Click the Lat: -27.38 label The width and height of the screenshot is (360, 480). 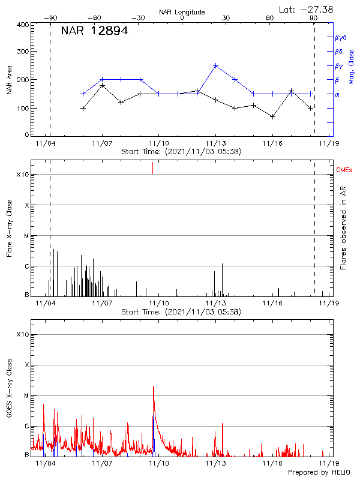point(307,9)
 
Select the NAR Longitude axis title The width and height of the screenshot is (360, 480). point(182,12)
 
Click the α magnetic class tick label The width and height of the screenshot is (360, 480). point(337,94)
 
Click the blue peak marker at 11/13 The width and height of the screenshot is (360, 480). point(216,65)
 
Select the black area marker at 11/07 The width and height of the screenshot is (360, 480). point(103,86)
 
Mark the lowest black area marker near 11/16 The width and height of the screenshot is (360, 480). point(272,116)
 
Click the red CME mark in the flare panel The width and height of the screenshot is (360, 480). point(153,168)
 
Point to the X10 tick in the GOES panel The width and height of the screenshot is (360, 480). point(23,334)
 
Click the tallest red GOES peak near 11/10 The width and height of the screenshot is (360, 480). point(154,387)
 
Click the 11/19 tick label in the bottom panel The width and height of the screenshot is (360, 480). point(328,463)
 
